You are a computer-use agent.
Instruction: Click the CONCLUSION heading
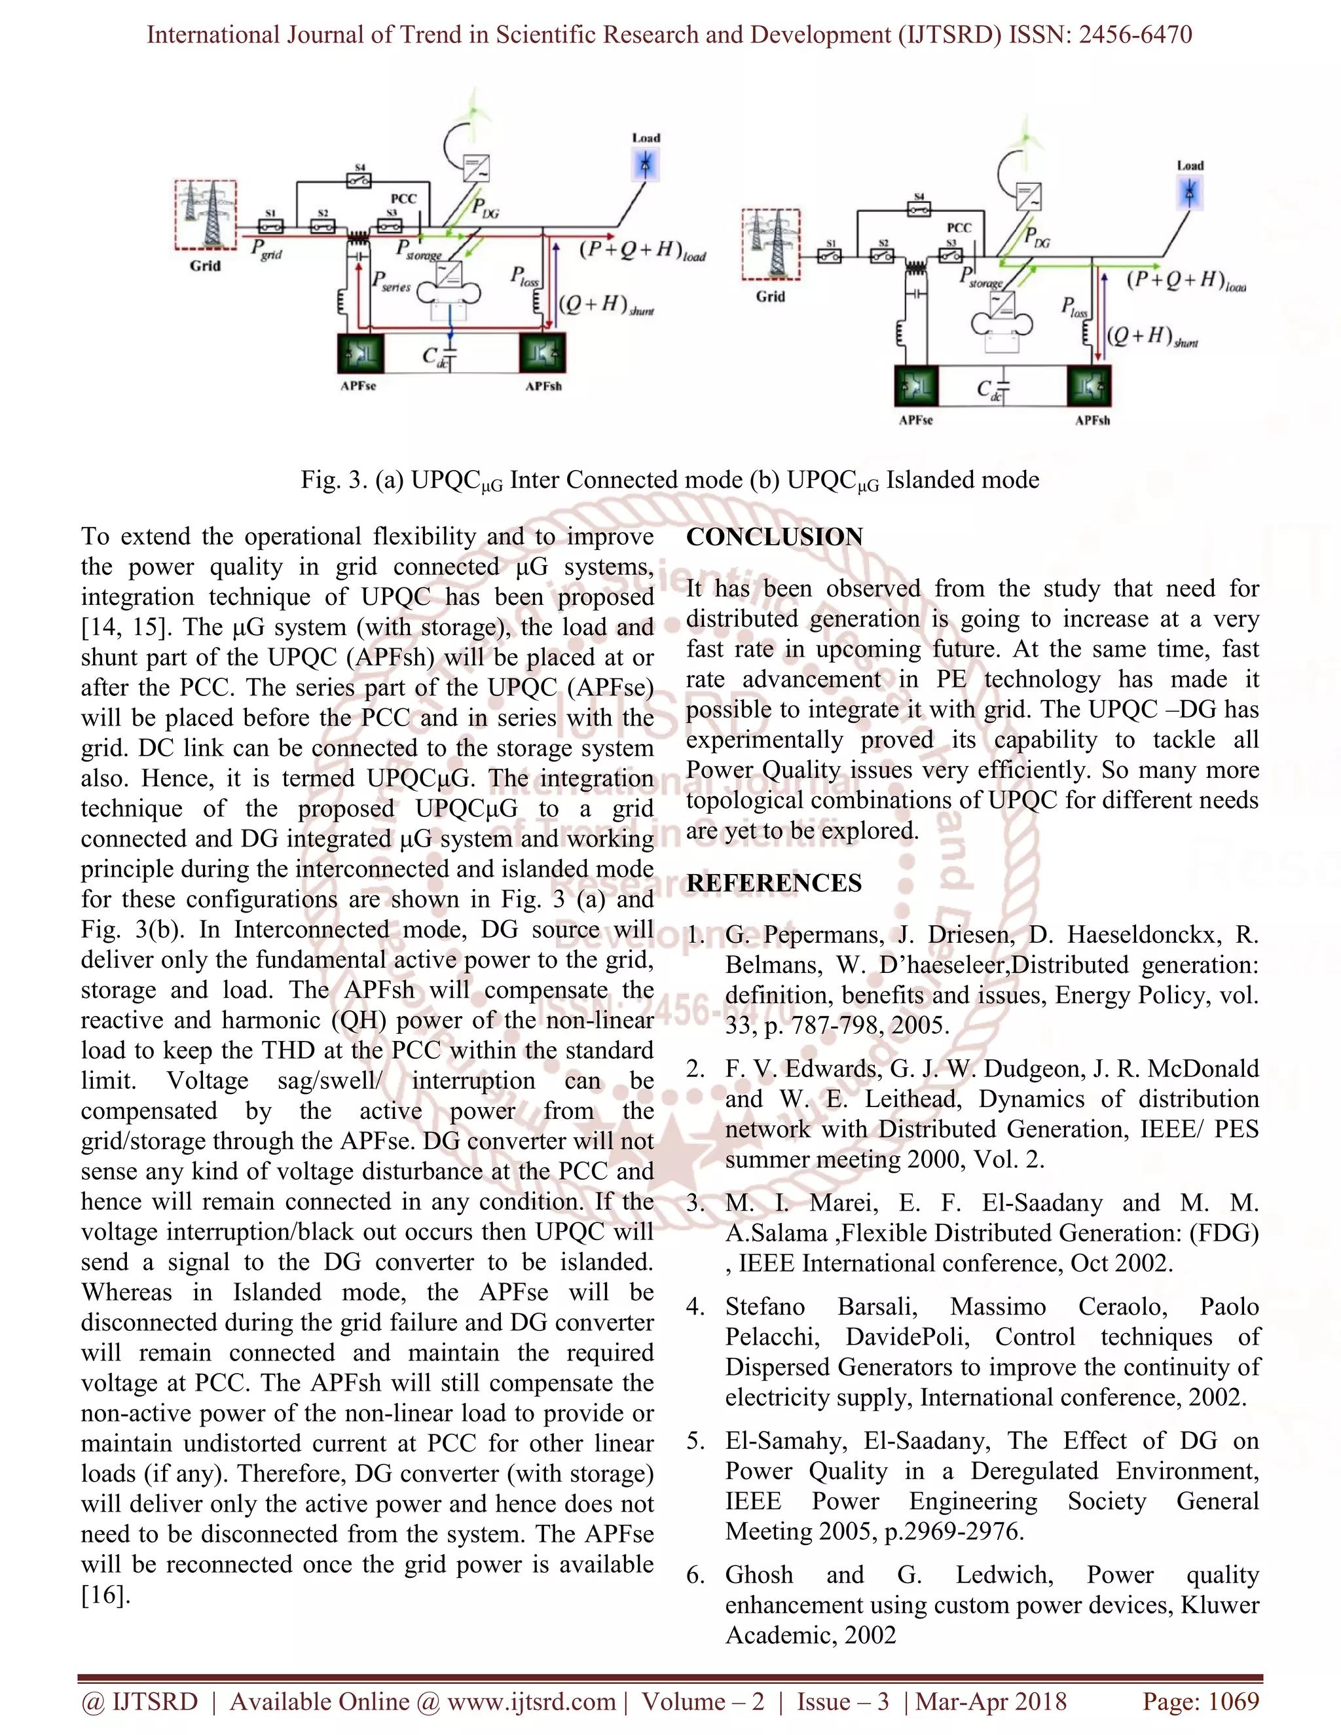pyautogui.click(x=774, y=537)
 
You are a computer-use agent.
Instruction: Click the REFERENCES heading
pyautogui.click(x=774, y=883)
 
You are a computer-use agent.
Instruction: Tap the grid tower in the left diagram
pyautogui.click(x=206, y=215)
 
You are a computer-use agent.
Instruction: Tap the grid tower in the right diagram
pyautogui.click(x=771, y=244)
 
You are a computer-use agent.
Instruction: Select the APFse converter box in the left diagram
pyautogui.click(x=359, y=354)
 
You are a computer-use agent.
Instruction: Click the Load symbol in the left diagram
pyautogui.click(x=645, y=165)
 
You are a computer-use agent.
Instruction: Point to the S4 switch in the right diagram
pyautogui.click(x=919, y=209)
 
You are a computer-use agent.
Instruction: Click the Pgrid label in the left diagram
pyautogui.click(x=267, y=249)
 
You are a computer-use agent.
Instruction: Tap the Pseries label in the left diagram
pyautogui.click(x=392, y=282)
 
